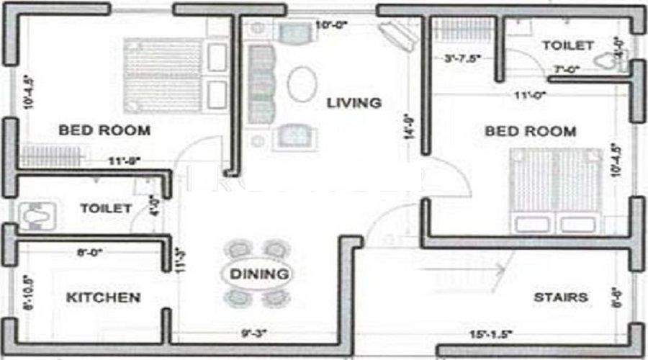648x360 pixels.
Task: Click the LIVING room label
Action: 354,103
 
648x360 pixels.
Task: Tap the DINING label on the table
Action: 250,274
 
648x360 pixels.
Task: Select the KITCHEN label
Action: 104,297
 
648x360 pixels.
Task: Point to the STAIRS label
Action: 561,297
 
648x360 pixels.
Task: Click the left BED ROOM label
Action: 104,130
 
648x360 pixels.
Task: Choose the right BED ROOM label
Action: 531,131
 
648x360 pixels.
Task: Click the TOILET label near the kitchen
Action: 106,209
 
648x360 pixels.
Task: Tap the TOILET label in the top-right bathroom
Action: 568,45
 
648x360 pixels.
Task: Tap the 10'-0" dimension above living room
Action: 332,25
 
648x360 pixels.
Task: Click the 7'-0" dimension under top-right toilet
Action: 567,70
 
